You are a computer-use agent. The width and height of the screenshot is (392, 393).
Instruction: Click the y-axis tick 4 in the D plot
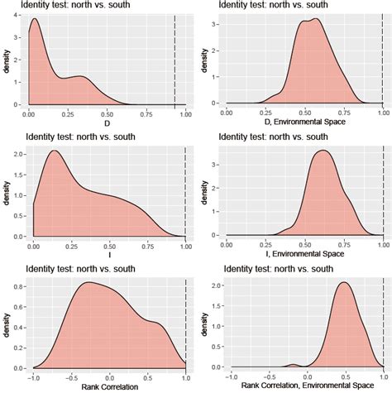point(20,16)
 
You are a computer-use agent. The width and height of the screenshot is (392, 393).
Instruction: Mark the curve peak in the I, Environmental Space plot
point(323,151)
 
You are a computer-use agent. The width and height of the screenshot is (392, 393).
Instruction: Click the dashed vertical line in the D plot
point(174,58)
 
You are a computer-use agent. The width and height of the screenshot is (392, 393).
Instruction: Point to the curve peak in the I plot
point(55,151)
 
